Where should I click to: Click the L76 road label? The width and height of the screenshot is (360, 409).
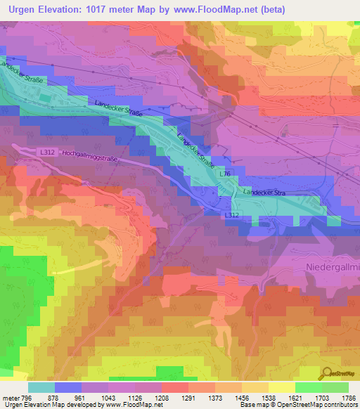click(x=225, y=174)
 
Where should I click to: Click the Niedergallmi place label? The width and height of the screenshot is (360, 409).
click(x=332, y=268)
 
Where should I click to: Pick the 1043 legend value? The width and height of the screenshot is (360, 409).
click(x=110, y=397)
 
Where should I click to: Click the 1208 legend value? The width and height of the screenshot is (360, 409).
click(x=163, y=397)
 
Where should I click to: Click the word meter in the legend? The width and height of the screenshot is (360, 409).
click(x=10, y=397)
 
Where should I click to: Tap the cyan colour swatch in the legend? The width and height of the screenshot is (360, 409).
click(x=41, y=387)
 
